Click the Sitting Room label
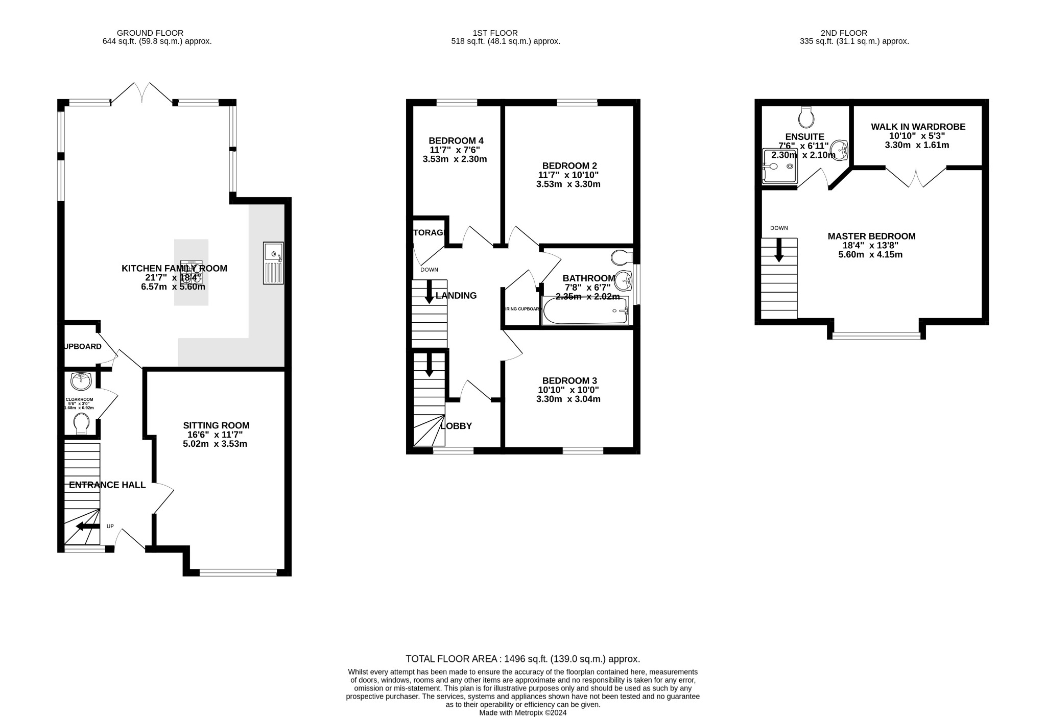coord(216,425)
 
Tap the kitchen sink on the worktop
coord(273,263)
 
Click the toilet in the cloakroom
coord(81,424)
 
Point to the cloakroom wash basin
coord(81,380)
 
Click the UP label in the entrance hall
coord(110,526)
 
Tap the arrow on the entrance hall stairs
coord(87,526)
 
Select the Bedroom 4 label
coord(456,141)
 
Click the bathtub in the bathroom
coord(585,311)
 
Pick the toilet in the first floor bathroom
coord(622,257)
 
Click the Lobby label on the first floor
coord(456,426)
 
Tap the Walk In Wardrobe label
coord(918,127)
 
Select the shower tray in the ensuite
coord(779,166)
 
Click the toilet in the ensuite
coord(806,117)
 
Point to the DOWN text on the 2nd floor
coord(779,228)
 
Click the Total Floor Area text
coord(522,659)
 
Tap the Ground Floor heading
coord(150,33)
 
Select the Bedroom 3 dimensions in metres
coord(568,399)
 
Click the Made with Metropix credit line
coord(522,712)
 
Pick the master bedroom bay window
coord(876,336)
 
